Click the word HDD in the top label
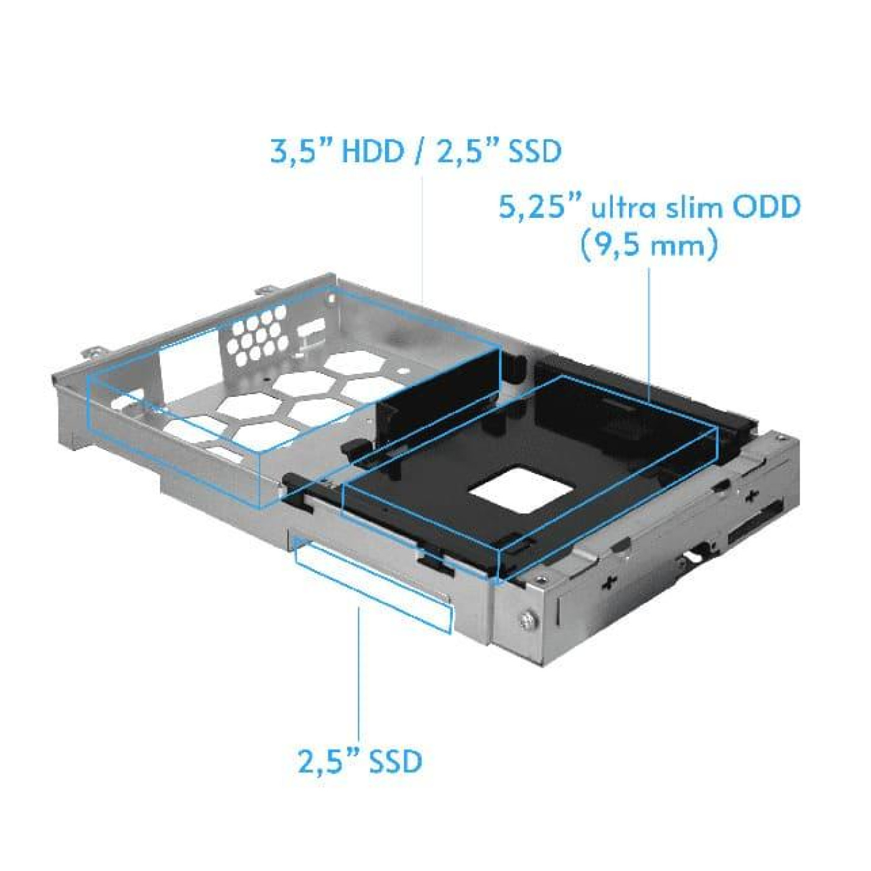tap(373, 151)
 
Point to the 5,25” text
tap(540, 207)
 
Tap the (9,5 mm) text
tap(648, 245)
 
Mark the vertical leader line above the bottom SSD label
tap(359, 672)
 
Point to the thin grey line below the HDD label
tap(423, 236)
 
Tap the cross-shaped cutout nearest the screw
tap(609, 581)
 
